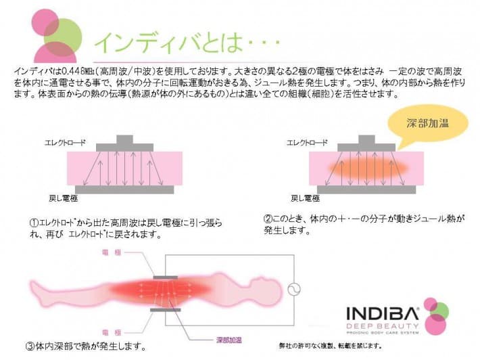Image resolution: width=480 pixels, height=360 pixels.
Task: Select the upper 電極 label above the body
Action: pos(111,251)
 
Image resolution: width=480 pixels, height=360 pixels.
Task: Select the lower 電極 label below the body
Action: pos(111,332)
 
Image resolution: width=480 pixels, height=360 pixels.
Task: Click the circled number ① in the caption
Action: pos(32,223)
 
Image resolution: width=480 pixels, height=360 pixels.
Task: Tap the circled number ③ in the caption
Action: pos(30,347)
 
